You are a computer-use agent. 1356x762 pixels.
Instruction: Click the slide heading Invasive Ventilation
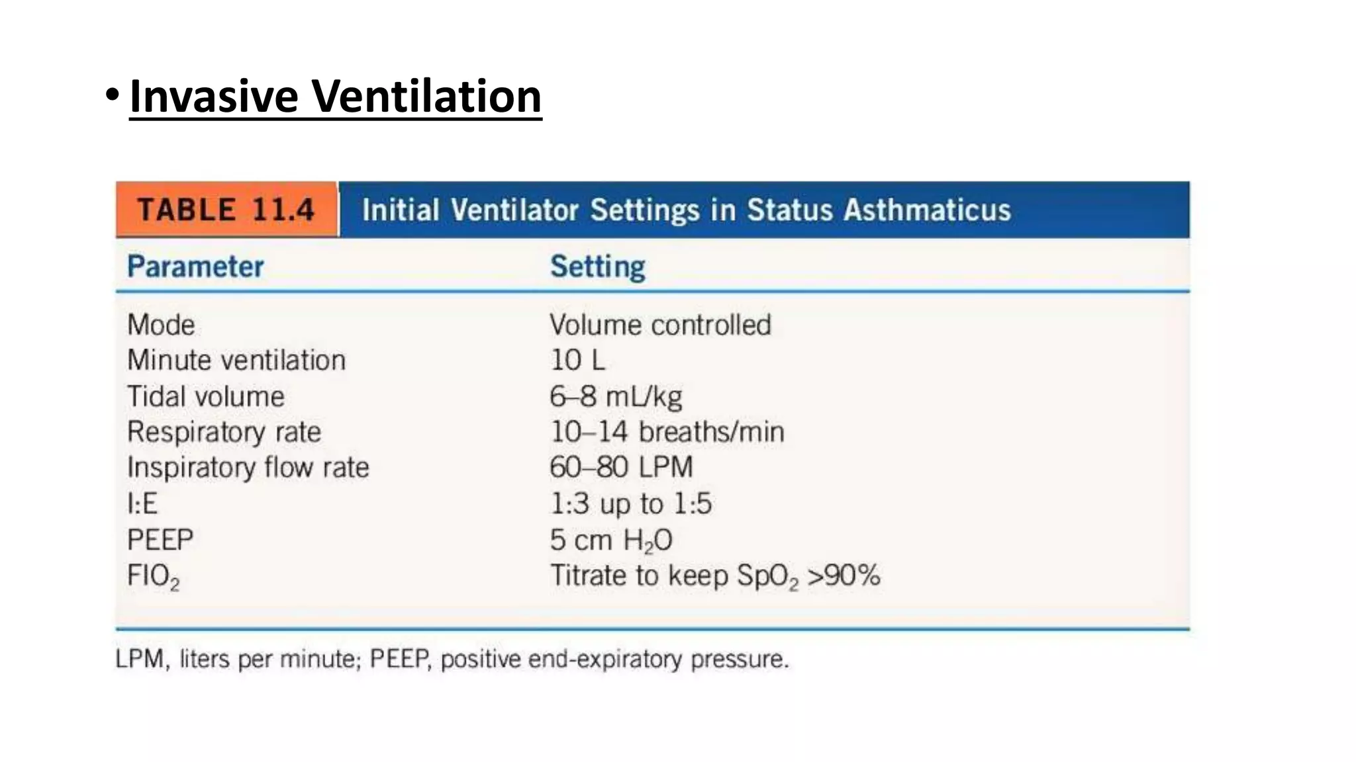(x=335, y=97)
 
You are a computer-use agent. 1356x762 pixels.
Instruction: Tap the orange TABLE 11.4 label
(x=226, y=210)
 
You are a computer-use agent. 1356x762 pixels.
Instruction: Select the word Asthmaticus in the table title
(x=927, y=210)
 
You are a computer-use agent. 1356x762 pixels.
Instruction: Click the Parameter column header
(x=195, y=267)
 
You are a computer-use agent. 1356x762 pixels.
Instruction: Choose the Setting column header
(x=597, y=267)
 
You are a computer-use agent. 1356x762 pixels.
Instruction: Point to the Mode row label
(x=161, y=325)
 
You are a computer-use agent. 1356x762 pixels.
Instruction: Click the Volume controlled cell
(x=660, y=325)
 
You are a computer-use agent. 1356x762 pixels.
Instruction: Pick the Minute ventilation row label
(x=236, y=360)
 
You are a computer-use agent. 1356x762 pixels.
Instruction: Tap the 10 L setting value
(x=577, y=360)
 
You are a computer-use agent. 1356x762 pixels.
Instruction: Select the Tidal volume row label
(x=206, y=397)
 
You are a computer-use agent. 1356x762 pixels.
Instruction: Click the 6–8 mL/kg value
(x=616, y=397)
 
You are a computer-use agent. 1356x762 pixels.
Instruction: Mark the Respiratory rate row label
(x=224, y=432)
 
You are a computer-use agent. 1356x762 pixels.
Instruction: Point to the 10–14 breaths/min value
(x=667, y=432)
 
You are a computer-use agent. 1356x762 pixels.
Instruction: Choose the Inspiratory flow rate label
(x=248, y=468)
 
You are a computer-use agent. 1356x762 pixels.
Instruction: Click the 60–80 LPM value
(x=621, y=468)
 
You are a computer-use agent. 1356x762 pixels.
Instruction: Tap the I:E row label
(x=142, y=504)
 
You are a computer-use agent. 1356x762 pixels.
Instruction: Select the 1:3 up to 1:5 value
(x=630, y=504)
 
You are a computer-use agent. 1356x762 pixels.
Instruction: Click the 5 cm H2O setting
(x=610, y=540)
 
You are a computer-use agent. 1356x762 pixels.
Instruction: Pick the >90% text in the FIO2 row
(x=844, y=575)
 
